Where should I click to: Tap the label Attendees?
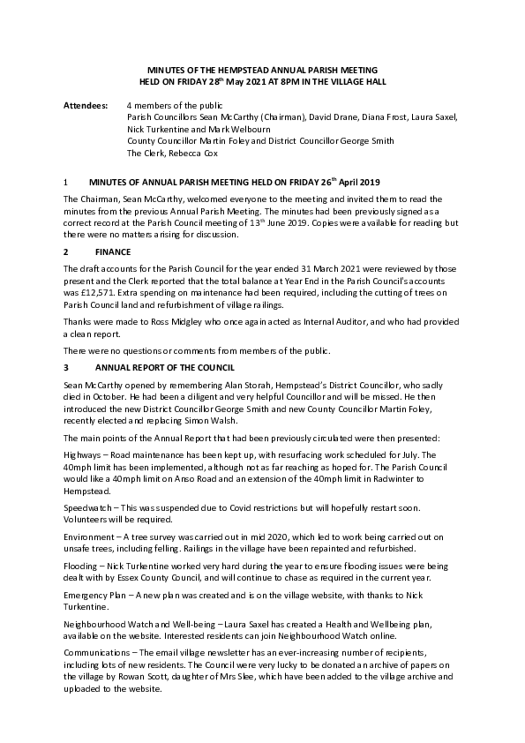point(86,106)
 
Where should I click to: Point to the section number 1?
point(66,181)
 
